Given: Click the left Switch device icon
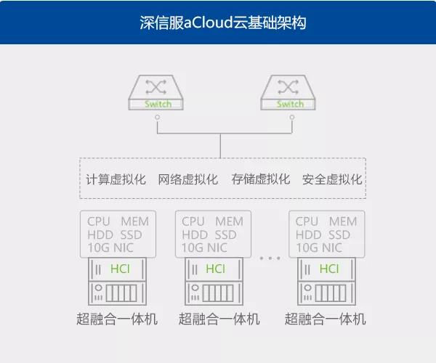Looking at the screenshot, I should (x=158, y=92).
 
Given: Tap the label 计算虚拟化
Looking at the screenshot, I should (x=116, y=179).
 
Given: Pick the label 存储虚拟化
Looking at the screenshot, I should (x=260, y=179).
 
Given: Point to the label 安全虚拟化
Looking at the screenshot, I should (x=332, y=179).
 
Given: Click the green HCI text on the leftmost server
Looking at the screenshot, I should (x=120, y=269).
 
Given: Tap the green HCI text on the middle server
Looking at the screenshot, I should (x=215, y=269).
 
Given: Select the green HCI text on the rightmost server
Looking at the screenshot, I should (x=329, y=269).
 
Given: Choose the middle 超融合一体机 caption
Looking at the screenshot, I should (x=219, y=319).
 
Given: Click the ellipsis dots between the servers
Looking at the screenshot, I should (x=269, y=258).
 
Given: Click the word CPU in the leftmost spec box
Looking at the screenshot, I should (x=99, y=221).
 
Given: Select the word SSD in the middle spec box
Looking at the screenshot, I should (x=225, y=234).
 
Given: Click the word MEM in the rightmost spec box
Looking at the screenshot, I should (x=343, y=221).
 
